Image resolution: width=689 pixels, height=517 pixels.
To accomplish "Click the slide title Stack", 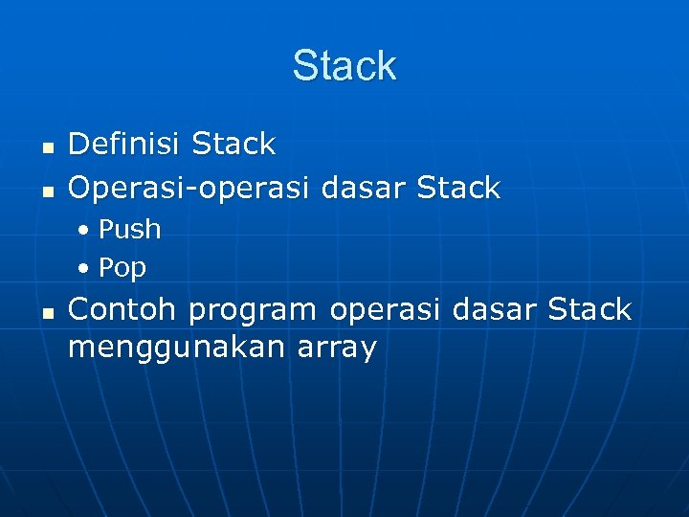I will coord(344,66).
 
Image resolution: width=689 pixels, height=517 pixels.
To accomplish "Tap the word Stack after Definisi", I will coord(233,145).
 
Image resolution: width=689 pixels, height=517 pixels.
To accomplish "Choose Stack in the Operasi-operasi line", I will coord(458,188).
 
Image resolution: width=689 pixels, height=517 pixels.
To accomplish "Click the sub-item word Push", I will coord(129,230).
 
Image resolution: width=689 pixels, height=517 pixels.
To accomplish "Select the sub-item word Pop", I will coord(122,268).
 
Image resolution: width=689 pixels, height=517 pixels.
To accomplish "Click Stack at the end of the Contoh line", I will coord(589,309).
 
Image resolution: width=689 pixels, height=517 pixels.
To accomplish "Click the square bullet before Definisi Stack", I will coord(46,147).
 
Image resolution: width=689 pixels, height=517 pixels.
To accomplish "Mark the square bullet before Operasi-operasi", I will coord(46,190).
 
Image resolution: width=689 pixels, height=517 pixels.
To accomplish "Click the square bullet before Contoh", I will coord(46,312).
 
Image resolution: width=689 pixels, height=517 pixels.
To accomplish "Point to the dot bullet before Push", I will coord(85,231).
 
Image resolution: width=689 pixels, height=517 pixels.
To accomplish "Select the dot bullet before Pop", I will coord(85,269).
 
